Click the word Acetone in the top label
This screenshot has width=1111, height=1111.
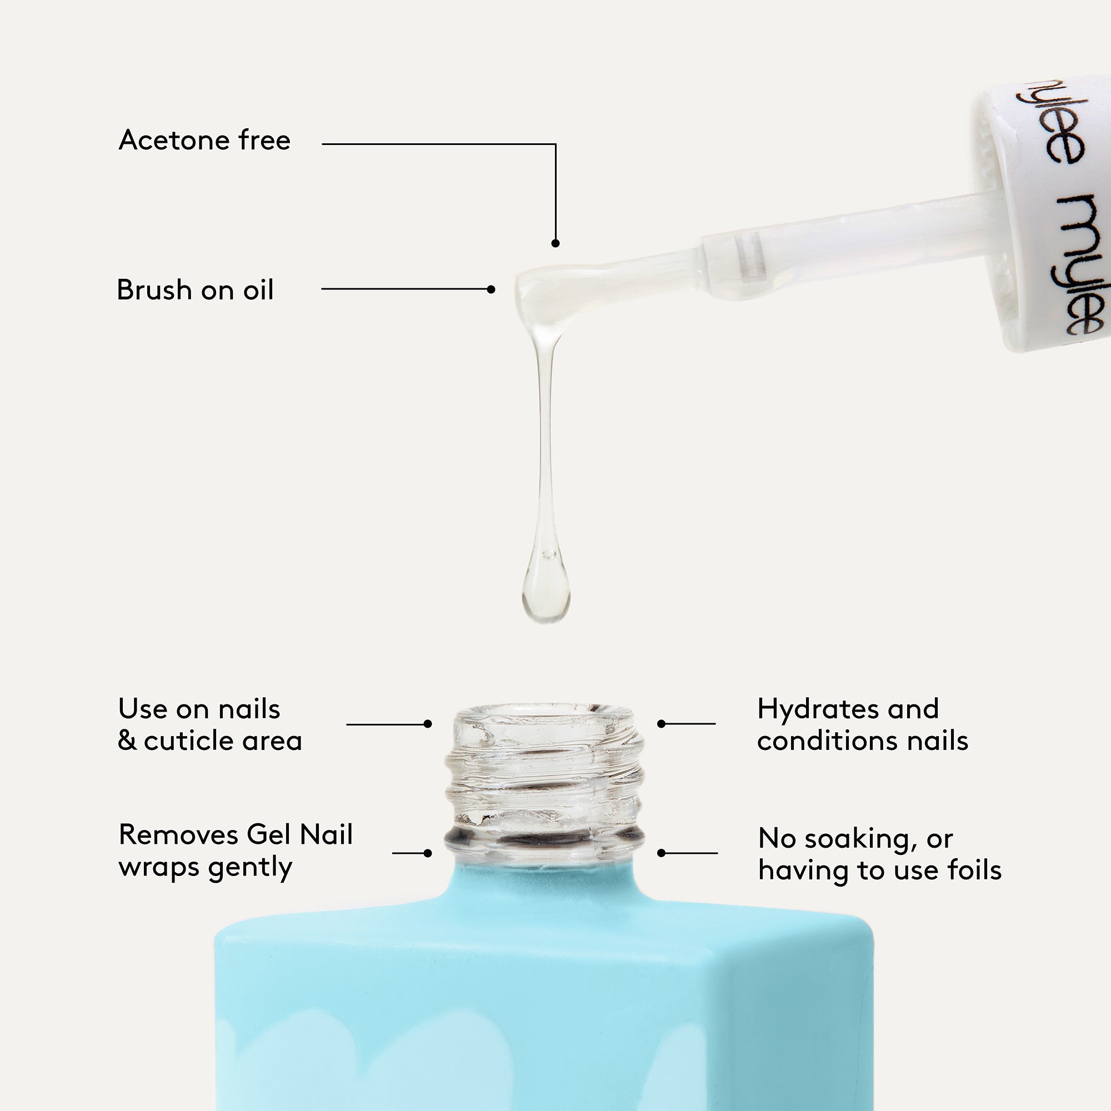click(175, 141)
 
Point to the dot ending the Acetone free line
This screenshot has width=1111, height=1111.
click(555, 243)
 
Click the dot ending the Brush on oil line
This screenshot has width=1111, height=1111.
click(491, 289)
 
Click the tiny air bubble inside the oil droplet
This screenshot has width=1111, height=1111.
click(549, 554)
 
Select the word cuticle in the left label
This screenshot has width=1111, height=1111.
click(189, 740)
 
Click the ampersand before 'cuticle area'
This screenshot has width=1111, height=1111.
click(127, 740)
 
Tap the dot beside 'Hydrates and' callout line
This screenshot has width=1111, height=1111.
click(661, 723)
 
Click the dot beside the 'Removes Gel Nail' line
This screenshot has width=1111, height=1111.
click(427, 853)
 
